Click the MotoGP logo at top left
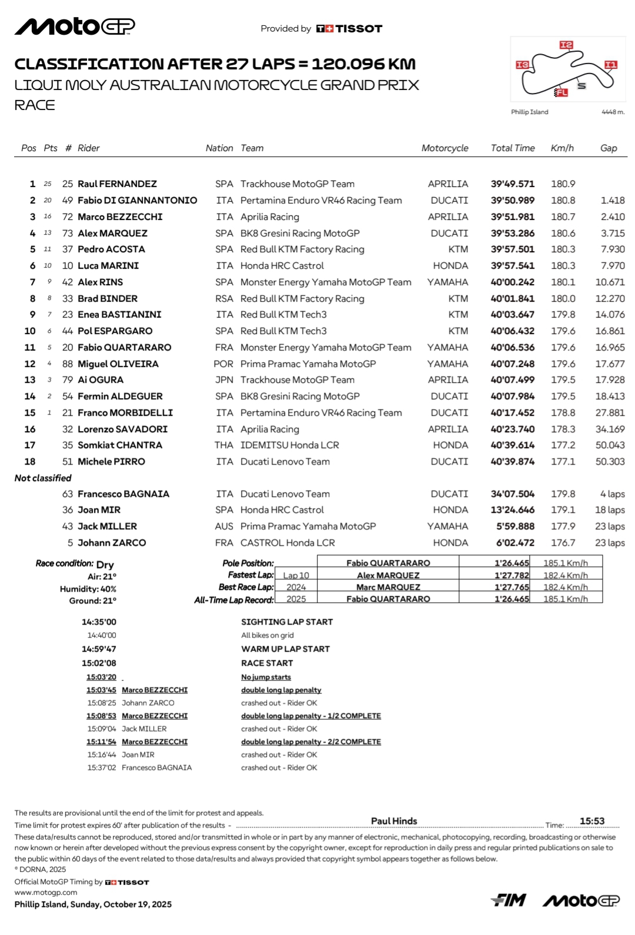point(75,26)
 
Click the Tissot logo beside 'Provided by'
point(349,28)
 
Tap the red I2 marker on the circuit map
point(566,45)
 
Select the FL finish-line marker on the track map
point(562,92)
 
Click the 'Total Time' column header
point(513,148)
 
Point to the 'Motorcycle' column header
point(444,148)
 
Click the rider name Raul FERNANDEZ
point(117,184)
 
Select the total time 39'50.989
point(513,201)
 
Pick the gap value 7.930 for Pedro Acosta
point(613,249)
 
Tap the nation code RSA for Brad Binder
point(224,299)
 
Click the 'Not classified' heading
point(43,478)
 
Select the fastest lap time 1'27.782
point(512,575)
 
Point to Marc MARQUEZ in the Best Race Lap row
point(388,587)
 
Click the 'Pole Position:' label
point(248,563)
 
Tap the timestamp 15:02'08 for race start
point(99,663)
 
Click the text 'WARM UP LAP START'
point(285,649)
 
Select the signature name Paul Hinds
point(394,821)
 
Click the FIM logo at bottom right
point(509,900)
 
